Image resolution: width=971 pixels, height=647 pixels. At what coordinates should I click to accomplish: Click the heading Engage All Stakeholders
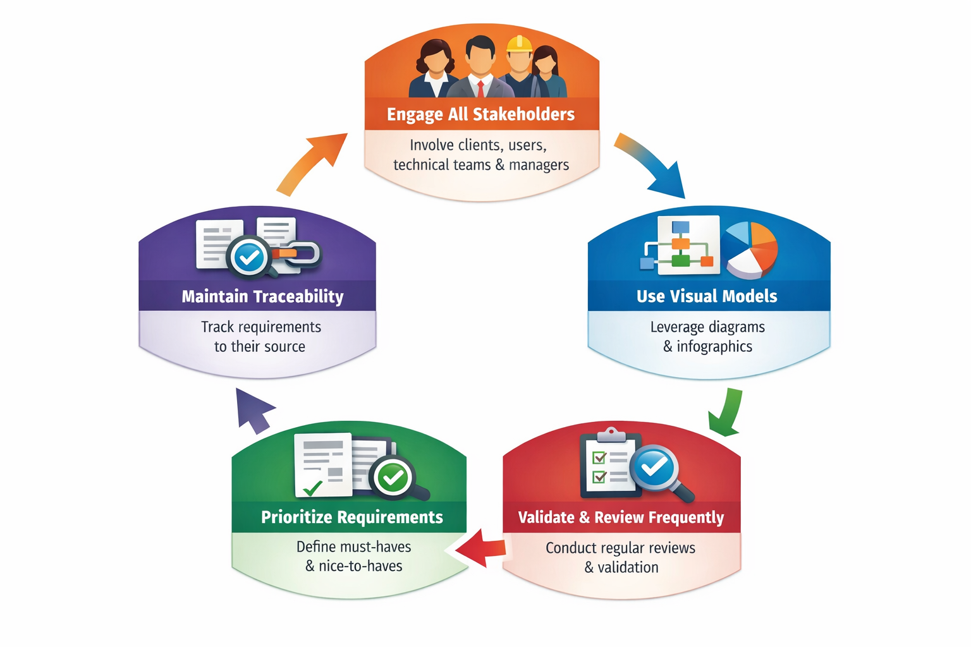point(480,114)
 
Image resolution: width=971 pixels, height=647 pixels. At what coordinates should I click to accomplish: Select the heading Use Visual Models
point(706,296)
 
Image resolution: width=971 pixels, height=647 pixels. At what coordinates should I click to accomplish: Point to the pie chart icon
point(752,250)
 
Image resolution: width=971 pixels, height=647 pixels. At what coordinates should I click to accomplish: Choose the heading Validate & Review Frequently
point(621,517)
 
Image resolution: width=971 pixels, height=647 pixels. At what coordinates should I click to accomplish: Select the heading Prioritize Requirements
point(351,517)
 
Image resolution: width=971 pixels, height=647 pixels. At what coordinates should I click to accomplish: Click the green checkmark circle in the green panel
point(393,477)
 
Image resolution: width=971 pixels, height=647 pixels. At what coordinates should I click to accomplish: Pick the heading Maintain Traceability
point(262,296)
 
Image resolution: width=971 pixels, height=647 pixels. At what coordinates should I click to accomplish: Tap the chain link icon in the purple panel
point(297,253)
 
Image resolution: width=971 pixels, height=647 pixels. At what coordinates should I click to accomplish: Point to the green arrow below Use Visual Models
point(727,413)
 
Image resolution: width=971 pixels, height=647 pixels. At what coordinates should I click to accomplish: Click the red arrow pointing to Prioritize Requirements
point(482,547)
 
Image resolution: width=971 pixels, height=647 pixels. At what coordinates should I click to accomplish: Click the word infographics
point(714,347)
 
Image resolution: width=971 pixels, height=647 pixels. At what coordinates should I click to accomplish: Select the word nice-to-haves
point(360,566)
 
